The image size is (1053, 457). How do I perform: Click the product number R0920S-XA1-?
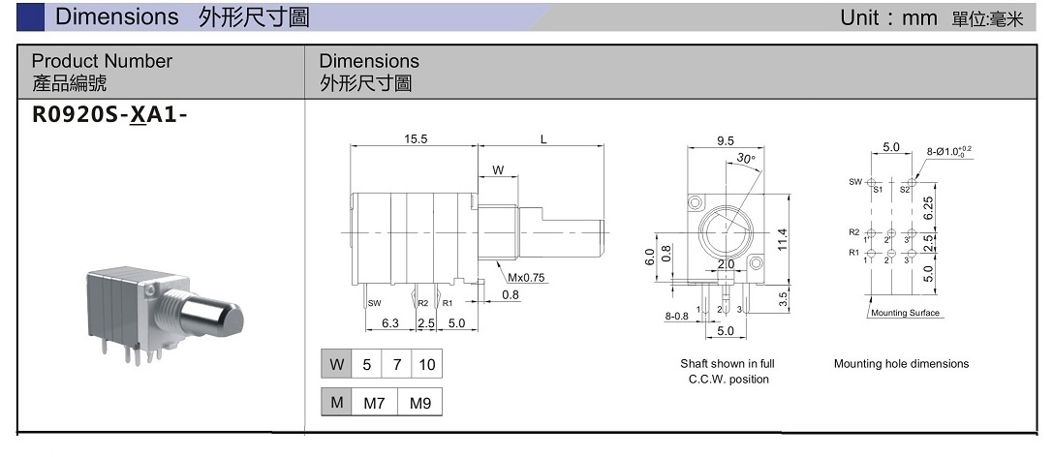[109, 115]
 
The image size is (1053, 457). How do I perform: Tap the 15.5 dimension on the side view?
[416, 139]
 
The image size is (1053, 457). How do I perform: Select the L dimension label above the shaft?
[543, 139]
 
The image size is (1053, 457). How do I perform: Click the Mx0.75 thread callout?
[527, 277]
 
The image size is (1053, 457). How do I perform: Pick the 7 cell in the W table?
[397, 365]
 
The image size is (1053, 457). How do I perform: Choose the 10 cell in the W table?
[426, 365]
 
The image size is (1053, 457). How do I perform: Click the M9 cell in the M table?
[419, 403]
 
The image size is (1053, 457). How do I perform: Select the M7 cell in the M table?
[374, 403]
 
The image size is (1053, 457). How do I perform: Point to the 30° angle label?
[745, 158]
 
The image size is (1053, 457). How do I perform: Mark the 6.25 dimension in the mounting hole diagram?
[929, 206]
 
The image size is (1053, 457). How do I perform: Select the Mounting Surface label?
[905, 313]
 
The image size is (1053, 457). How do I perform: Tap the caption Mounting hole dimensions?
[901, 364]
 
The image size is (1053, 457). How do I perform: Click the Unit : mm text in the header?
[889, 17]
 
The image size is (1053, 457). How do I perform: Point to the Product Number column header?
[102, 61]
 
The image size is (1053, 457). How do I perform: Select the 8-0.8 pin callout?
[676, 316]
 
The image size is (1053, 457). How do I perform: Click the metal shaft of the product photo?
[214, 316]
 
